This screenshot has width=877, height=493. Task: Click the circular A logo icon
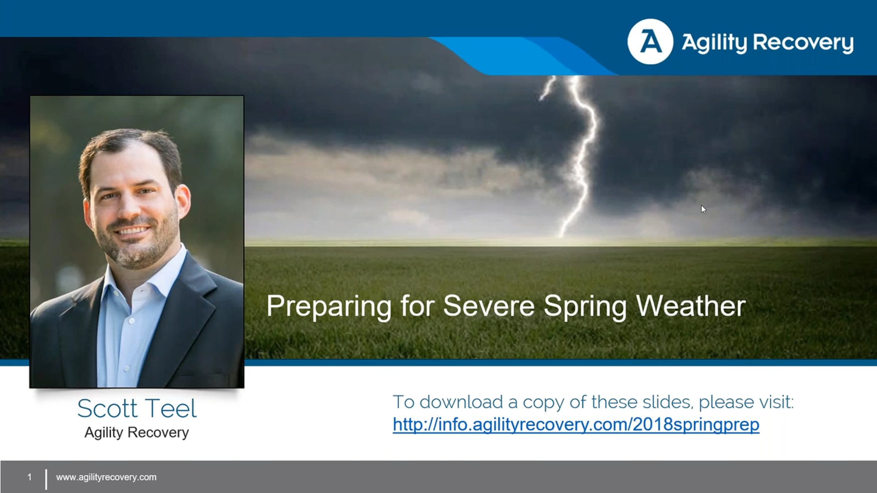click(650, 42)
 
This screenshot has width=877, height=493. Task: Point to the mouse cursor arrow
click(703, 209)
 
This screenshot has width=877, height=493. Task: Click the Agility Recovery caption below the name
click(137, 433)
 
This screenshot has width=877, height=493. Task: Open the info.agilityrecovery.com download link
click(576, 425)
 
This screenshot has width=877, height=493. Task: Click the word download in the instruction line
click(462, 402)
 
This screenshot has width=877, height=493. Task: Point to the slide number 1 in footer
click(30, 477)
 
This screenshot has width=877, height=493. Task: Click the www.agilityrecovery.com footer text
click(106, 477)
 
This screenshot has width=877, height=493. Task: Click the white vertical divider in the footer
click(46, 479)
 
